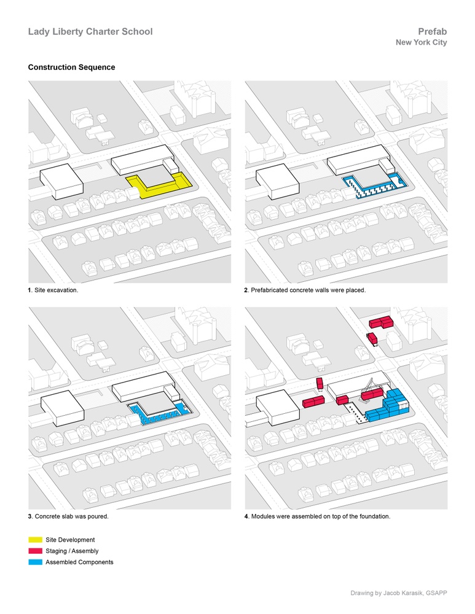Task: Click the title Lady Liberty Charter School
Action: [90, 32]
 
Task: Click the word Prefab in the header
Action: [432, 32]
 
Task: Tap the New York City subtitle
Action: [422, 42]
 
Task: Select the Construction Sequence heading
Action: [71, 68]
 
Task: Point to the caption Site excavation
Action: [53, 290]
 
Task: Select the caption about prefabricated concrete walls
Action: [305, 290]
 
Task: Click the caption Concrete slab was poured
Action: [68, 516]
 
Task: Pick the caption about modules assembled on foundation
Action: [317, 516]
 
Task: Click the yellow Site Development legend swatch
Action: [35, 540]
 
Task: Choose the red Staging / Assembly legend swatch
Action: [35, 551]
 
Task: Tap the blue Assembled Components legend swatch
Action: [35, 562]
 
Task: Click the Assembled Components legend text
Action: [79, 562]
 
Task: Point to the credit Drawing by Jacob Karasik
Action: [399, 593]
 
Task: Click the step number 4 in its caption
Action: [246, 516]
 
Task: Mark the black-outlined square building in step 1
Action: [61, 181]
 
